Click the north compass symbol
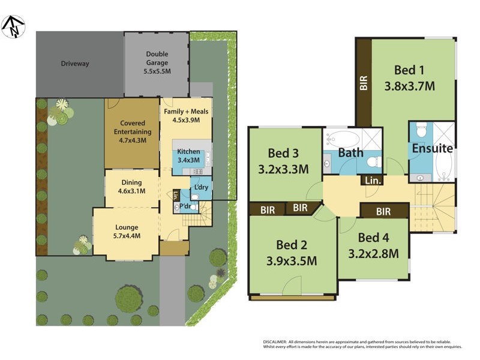[13, 25]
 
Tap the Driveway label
[74, 64]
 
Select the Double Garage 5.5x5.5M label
[157, 62]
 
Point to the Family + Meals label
[187, 115]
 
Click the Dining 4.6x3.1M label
[131, 187]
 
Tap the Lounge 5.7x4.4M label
[127, 232]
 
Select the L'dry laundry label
[200, 188]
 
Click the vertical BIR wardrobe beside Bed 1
[364, 82]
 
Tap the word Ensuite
[431, 148]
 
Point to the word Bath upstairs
[350, 153]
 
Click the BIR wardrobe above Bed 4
[383, 211]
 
